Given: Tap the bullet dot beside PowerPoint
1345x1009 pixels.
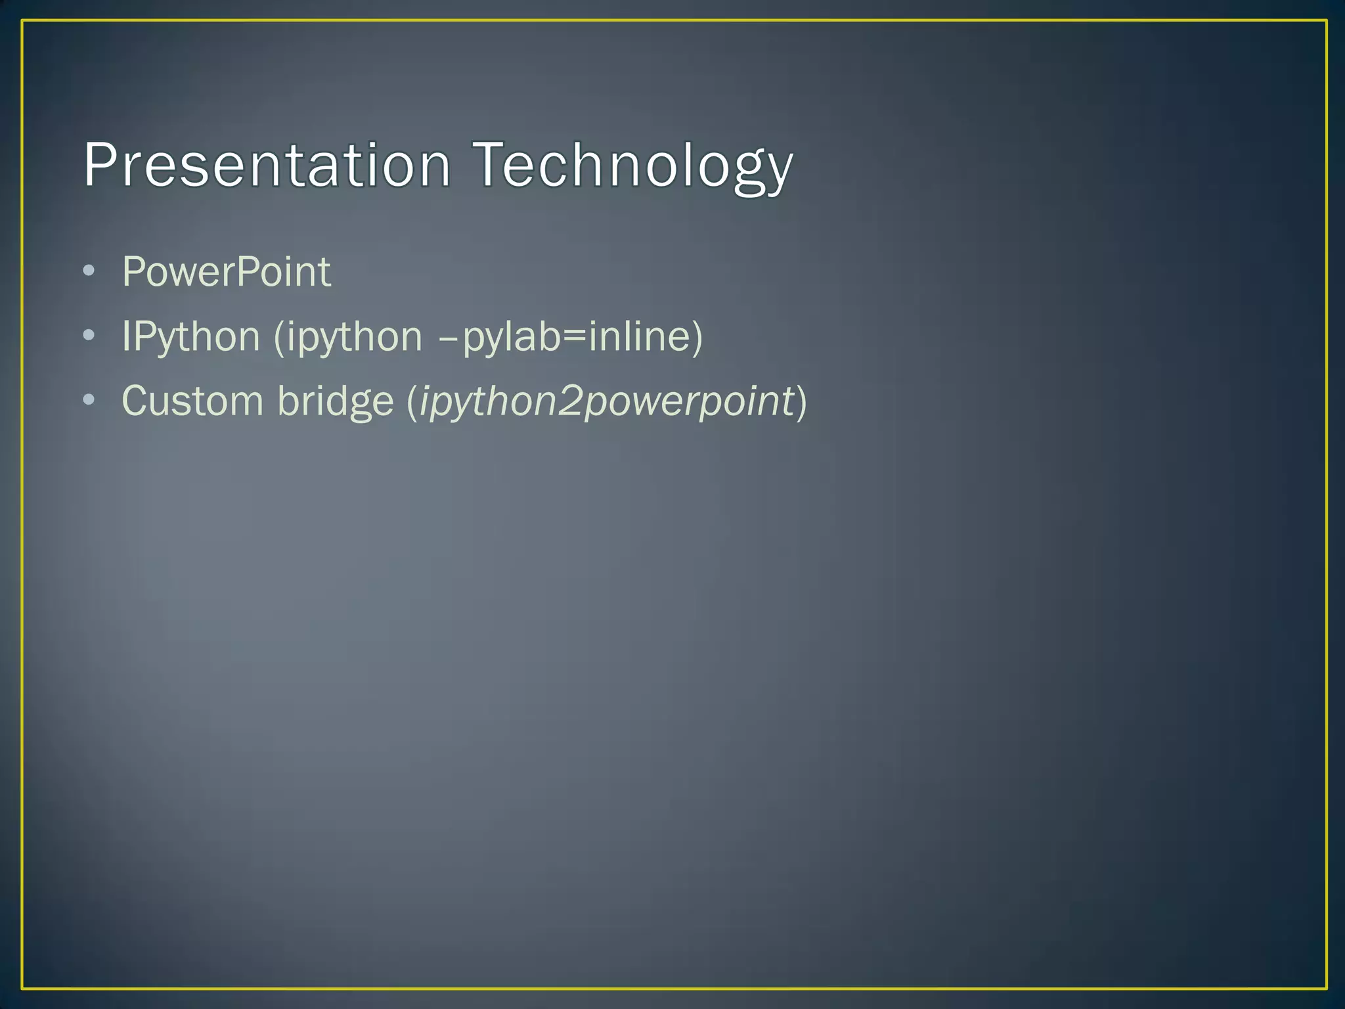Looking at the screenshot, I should (x=89, y=271).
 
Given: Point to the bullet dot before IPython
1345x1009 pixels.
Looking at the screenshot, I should (x=89, y=336).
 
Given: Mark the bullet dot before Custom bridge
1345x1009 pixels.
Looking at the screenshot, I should (x=89, y=400).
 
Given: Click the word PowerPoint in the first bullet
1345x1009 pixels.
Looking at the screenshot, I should (x=227, y=271).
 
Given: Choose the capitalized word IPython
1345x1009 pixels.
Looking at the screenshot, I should (x=191, y=336).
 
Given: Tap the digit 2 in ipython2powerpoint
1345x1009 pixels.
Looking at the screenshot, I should (x=569, y=400).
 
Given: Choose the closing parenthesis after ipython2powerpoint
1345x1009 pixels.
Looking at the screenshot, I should (x=801, y=401).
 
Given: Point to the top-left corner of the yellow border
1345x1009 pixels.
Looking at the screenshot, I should (x=22, y=21).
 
